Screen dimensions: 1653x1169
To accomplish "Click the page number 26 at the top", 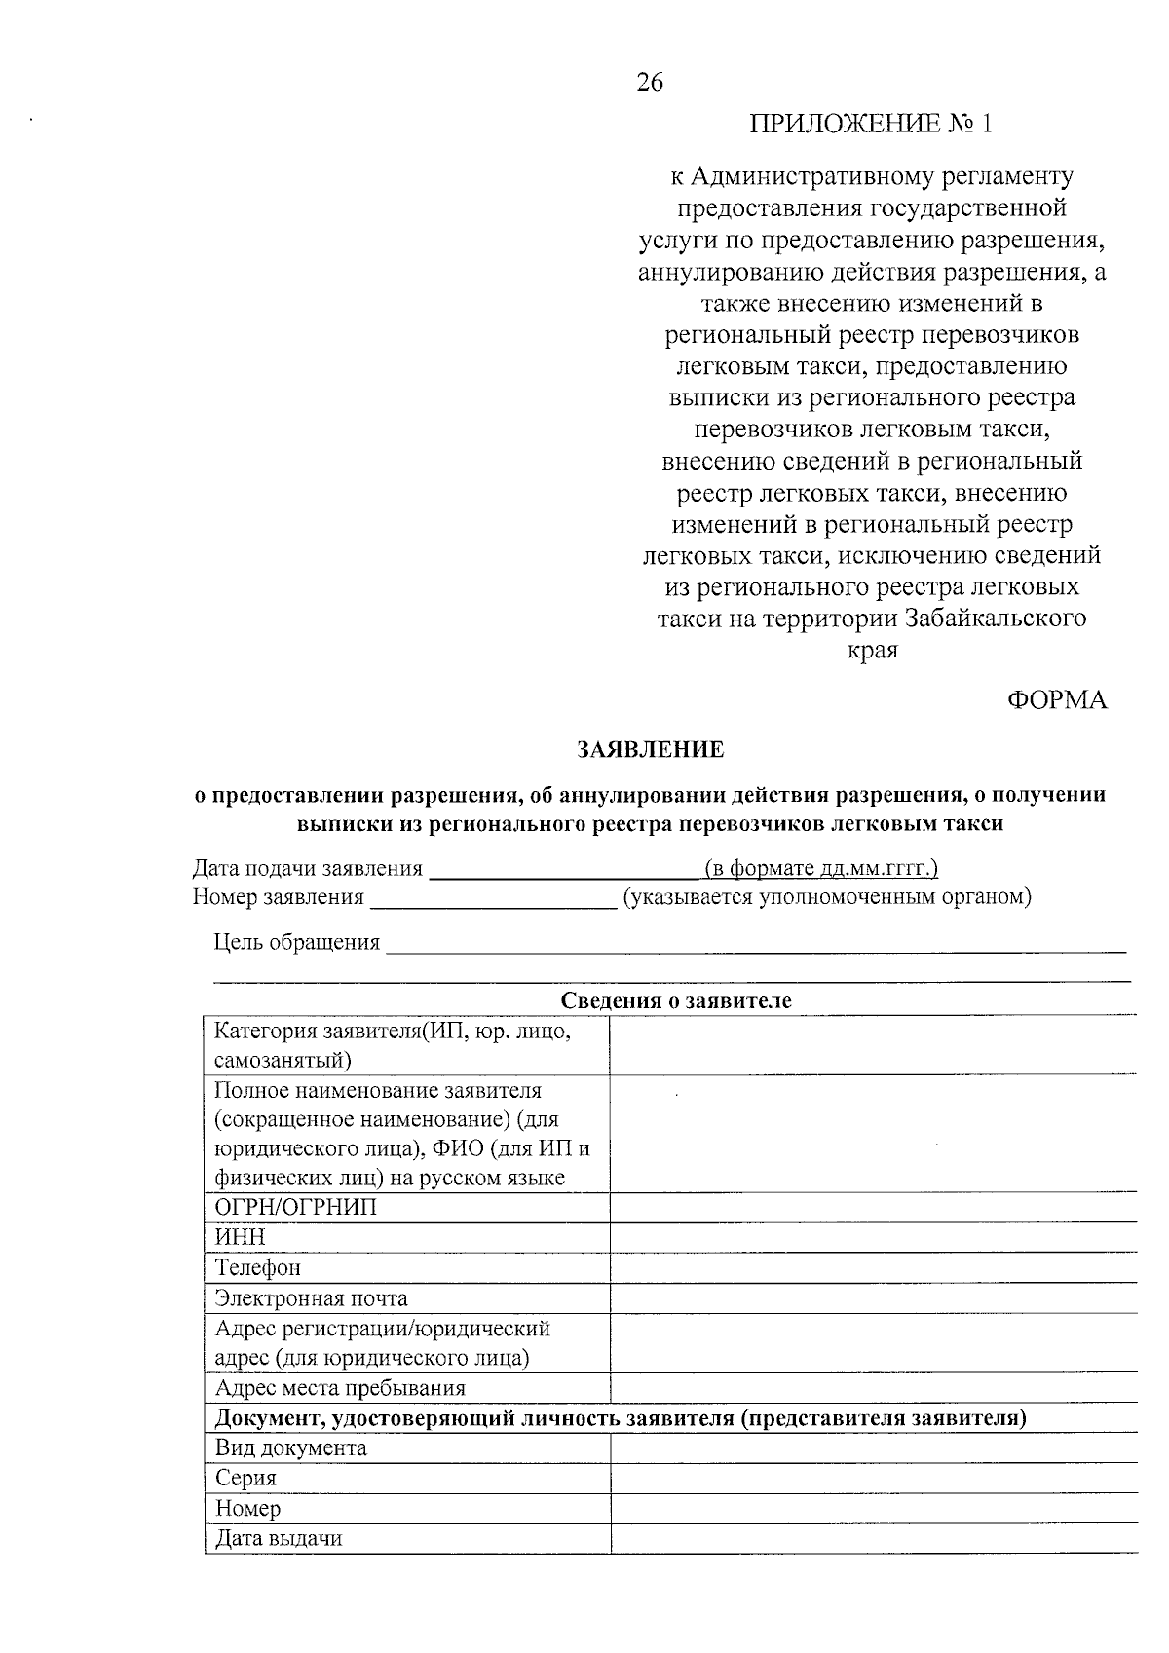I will point(650,83).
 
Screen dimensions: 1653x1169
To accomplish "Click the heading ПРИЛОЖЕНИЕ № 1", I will point(872,124).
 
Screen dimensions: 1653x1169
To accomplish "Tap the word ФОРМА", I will point(1057,700).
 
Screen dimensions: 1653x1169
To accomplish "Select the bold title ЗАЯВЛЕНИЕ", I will point(651,749).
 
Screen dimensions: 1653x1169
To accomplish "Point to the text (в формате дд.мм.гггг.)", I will point(820,868).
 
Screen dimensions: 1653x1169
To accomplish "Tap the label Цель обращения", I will point(296,942).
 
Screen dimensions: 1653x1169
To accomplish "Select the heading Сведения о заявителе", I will point(676,1000).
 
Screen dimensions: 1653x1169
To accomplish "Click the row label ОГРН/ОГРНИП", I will point(295,1208).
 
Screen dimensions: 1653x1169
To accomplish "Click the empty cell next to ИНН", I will point(872,1238).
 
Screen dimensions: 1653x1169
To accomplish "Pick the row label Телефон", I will point(258,1268).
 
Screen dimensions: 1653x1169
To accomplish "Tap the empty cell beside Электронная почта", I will point(872,1298).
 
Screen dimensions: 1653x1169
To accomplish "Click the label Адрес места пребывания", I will point(340,1388).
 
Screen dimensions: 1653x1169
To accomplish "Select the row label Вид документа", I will point(291,1447).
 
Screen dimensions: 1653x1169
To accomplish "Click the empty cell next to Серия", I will point(872,1479).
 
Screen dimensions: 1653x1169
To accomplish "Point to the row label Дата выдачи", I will point(279,1539).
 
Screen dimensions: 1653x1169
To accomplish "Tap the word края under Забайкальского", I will point(873,650).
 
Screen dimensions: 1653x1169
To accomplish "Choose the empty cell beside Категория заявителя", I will point(872,1045).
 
